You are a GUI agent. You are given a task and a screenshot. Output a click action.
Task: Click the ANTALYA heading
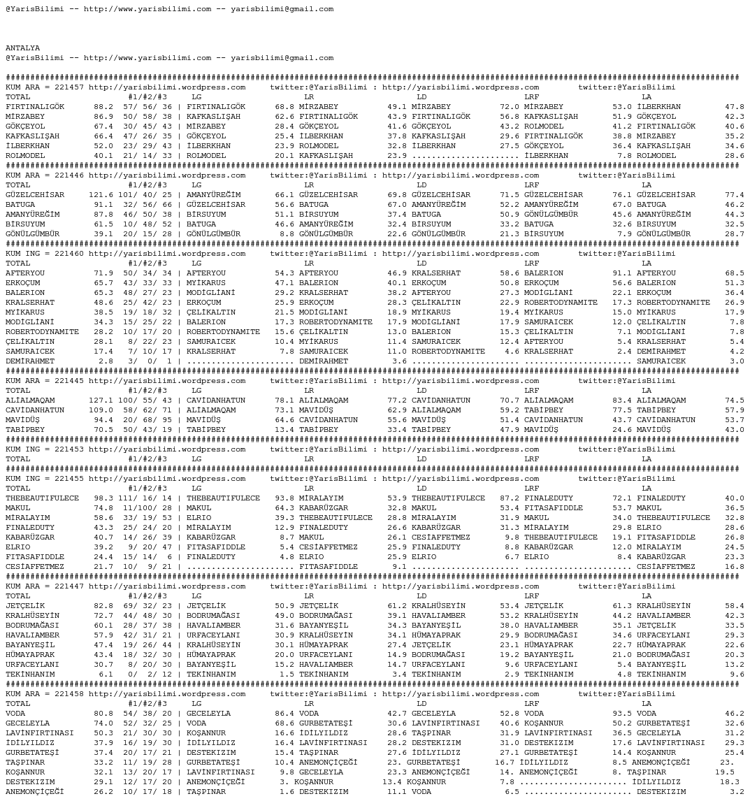coord(23,48)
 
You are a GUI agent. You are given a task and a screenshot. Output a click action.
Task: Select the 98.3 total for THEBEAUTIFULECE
coord(103,498)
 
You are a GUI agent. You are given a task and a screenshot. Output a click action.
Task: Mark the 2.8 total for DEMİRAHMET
coord(106,361)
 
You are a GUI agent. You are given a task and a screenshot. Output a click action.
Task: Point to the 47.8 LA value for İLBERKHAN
coord(734,107)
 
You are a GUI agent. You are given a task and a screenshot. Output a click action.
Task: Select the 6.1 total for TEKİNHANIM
coord(106,674)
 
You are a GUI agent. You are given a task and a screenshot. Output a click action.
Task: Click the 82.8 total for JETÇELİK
coord(103,606)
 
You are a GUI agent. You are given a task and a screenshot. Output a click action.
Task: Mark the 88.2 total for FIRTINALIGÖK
coord(103,107)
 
